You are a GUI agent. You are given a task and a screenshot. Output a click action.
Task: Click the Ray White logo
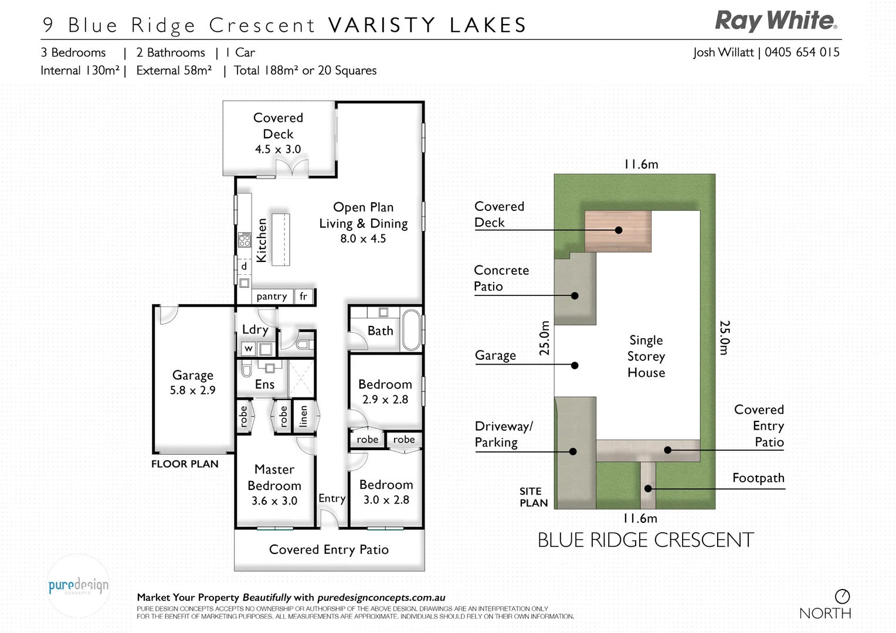tap(776, 21)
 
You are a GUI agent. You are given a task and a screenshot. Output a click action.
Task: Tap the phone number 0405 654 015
tap(802, 52)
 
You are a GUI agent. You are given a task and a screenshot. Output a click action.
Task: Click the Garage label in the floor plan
tap(192, 375)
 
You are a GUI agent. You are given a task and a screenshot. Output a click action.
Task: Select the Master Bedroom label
tap(274, 478)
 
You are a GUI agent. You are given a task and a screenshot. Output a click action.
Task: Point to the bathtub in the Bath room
tap(411, 330)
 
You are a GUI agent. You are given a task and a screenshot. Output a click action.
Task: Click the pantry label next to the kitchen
tap(271, 297)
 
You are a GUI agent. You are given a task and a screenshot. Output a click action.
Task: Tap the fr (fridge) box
tap(303, 297)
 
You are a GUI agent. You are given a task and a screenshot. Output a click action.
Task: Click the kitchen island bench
tap(280, 239)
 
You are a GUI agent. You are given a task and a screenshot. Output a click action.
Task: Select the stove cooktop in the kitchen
tap(244, 240)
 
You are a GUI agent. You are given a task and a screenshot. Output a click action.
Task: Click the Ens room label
tap(264, 384)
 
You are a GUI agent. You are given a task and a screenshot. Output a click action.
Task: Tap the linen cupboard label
tap(303, 416)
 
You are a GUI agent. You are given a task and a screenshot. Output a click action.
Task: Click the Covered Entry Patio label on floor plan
tap(328, 550)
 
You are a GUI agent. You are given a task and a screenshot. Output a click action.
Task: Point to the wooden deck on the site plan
tap(617, 231)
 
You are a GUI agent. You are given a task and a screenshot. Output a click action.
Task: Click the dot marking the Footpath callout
tap(648, 488)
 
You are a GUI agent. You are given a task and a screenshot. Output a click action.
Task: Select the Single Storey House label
tap(646, 356)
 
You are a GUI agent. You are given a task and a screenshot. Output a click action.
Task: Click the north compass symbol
tap(842, 597)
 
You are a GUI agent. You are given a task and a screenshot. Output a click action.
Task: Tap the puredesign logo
tap(78, 586)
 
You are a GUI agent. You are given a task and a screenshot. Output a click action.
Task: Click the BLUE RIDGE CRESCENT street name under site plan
tap(645, 540)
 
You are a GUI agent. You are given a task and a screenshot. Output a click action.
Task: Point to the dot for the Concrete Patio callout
tap(575, 296)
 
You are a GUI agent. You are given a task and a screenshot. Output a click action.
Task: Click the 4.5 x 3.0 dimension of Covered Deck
tap(278, 149)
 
